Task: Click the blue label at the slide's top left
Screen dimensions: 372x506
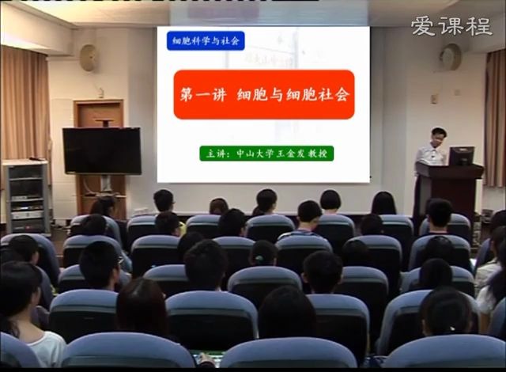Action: click(x=206, y=40)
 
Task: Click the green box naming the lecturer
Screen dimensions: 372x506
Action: click(x=266, y=154)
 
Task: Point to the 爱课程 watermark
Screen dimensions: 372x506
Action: click(x=451, y=26)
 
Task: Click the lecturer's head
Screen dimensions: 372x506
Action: click(x=438, y=136)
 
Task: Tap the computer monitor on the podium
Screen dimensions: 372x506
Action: click(x=461, y=156)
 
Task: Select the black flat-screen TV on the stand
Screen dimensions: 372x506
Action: click(x=102, y=150)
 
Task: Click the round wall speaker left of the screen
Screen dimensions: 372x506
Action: click(x=89, y=57)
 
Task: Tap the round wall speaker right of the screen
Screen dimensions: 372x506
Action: click(x=451, y=56)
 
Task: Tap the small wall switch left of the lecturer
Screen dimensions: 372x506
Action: click(x=434, y=99)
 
